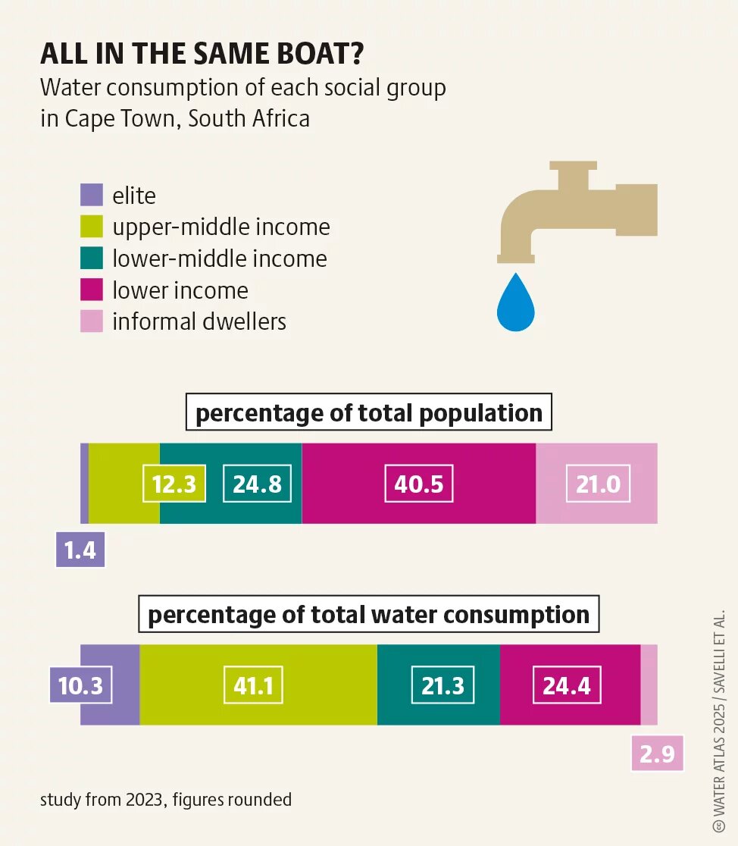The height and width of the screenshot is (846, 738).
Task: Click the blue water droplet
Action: click(516, 303)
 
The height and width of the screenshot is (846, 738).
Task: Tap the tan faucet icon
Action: click(576, 208)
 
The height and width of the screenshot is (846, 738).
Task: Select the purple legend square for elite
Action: click(91, 196)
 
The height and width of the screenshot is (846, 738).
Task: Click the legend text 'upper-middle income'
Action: click(221, 227)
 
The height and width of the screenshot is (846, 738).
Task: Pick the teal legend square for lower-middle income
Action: click(91, 258)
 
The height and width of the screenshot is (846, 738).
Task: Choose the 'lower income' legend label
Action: click(180, 290)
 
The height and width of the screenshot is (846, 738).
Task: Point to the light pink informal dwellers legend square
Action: click(91, 321)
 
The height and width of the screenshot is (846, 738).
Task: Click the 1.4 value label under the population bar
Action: click(80, 550)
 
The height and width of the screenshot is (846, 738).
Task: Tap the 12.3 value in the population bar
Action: click(174, 484)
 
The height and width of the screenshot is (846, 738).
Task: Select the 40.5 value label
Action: click(419, 484)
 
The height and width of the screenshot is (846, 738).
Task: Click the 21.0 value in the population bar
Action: click(599, 484)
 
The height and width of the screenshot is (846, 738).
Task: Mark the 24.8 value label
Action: click(258, 484)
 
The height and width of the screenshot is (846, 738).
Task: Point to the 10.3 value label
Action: click(80, 686)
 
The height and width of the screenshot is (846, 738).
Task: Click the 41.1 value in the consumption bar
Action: click(258, 686)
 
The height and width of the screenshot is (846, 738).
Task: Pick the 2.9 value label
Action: click(657, 754)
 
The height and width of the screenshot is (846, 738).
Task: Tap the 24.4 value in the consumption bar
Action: click(567, 686)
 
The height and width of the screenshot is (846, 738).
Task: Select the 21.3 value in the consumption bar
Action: click(443, 686)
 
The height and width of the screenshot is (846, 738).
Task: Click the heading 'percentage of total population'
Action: click(369, 414)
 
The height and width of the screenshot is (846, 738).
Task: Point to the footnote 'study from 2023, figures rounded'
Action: click(165, 800)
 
